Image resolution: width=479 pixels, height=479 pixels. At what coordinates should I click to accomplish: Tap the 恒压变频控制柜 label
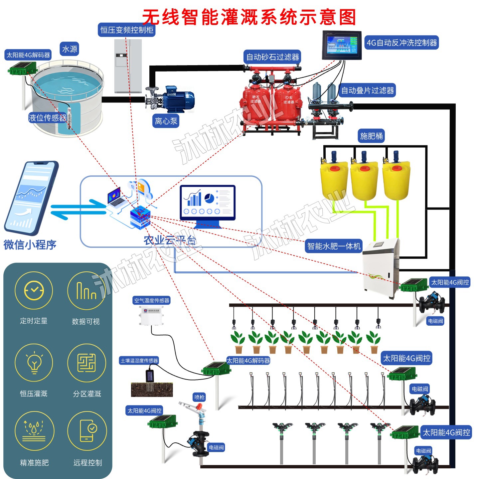pyautogui.click(x=127, y=30)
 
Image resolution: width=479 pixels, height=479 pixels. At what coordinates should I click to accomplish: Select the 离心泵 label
pyautogui.click(x=166, y=121)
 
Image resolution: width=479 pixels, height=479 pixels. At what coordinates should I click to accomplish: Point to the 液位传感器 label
pyautogui.click(x=47, y=118)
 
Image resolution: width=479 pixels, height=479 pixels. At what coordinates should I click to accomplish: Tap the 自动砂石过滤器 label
pyautogui.click(x=272, y=57)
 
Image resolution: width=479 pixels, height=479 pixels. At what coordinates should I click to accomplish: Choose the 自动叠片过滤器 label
pyautogui.click(x=367, y=90)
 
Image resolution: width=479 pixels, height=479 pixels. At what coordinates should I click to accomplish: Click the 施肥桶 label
pyautogui.click(x=371, y=136)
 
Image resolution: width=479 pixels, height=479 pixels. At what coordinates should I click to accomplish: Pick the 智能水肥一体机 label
pyautogui.click(x=334, y=246)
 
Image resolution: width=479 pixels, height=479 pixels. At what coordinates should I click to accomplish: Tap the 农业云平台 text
pyautogui.click(x=170, y=240)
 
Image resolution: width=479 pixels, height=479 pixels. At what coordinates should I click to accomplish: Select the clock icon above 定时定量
pyautogui.click(x=34, y=290)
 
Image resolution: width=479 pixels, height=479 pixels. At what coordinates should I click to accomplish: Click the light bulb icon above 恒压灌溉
pyautogui.click(x=34, y=363)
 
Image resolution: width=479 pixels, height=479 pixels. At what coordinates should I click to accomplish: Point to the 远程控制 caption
pyautogui.click(x=87, y=463)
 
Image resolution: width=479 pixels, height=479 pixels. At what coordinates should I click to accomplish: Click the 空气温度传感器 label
pyautogui.click(x=152, y=300)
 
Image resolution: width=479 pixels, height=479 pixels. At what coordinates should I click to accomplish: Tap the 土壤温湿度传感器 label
pyautogui.click(x=139, y=361)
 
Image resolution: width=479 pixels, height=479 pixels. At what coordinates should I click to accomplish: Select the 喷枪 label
pyautogui.click(x=199, y=397)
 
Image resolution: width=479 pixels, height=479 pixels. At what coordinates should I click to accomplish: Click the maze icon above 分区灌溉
pyautogui.click(x=86, y=363)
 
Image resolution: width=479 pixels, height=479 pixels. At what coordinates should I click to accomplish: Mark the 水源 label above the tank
pyautogui.click(x=70, y=49)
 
